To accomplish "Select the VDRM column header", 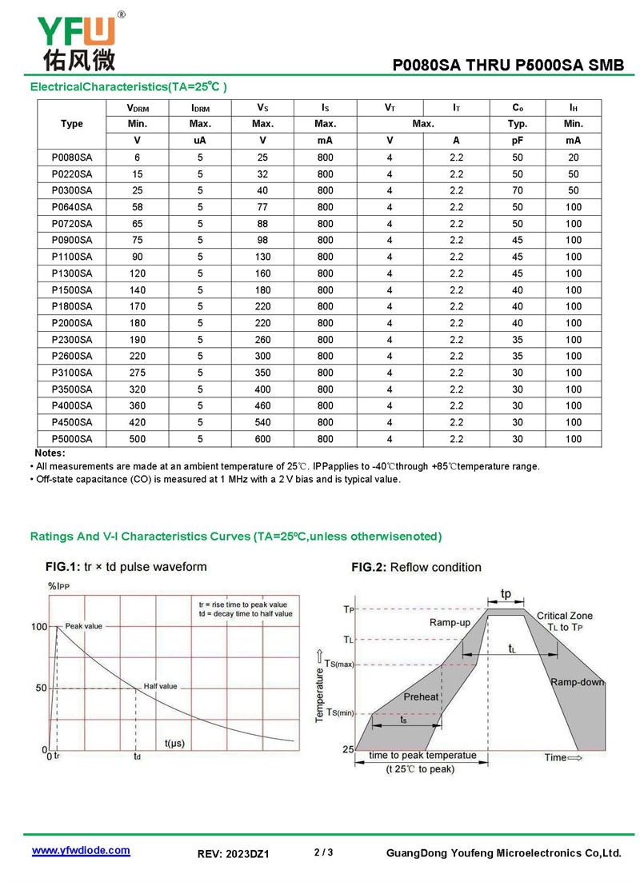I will [138, 108].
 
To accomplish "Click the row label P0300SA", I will [72, 190].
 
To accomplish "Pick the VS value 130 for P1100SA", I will [262, 257].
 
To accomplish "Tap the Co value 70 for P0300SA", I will [518, 190].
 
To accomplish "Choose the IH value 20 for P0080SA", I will [573, 158].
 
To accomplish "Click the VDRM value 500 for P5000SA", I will [138, 439].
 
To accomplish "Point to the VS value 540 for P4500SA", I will [262, 422].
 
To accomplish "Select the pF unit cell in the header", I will [518, 141].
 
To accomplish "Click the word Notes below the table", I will [50, 453].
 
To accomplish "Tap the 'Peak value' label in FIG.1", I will [83, 626].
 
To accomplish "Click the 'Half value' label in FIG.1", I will [160, 686].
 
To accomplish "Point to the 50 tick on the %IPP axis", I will [40, 688].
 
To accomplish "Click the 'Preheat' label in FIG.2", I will [421, 696].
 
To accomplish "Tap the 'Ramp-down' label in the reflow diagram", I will [577, 682].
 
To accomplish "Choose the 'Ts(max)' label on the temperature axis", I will [339, 664].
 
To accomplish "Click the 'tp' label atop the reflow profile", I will [506, 594].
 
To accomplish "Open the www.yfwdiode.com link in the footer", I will [80, 851].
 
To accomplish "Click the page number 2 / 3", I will [323, 852].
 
